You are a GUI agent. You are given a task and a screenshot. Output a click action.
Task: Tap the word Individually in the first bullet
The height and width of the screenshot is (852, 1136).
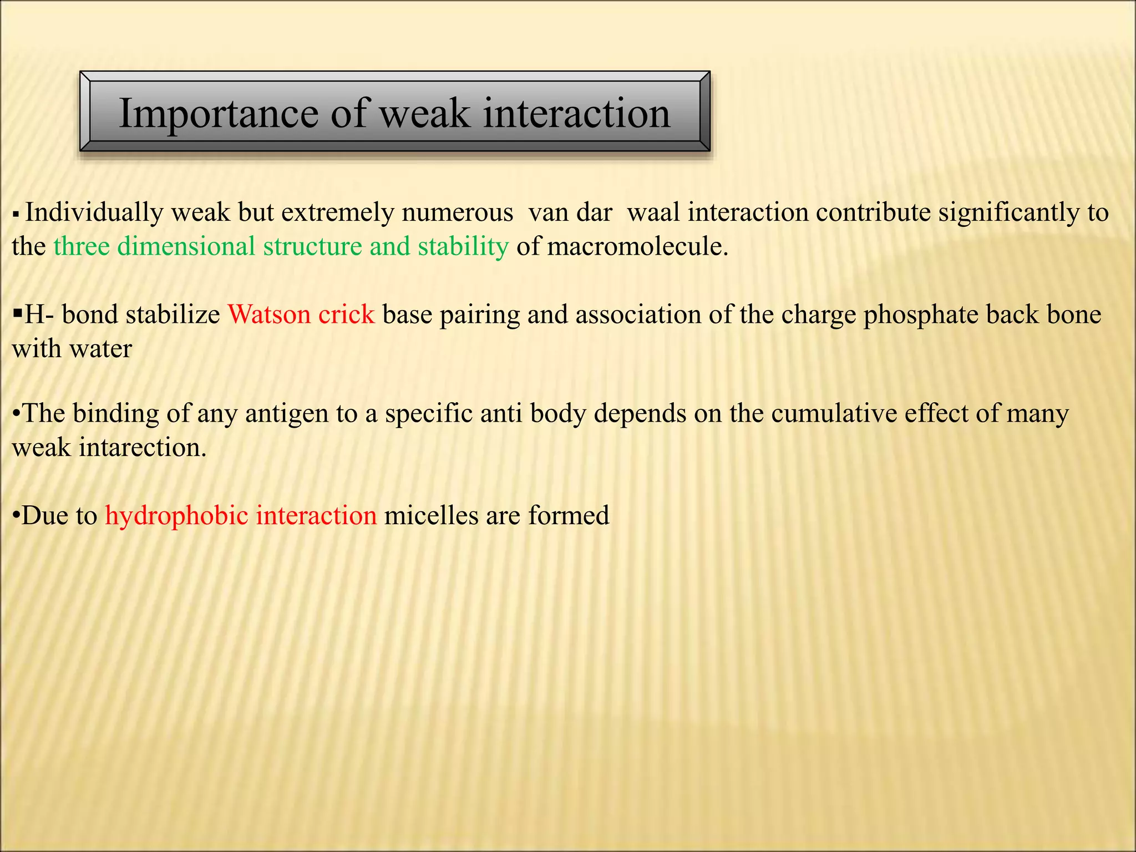(94, 212)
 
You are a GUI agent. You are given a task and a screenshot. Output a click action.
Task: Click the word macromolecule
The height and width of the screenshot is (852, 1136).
(637, 246)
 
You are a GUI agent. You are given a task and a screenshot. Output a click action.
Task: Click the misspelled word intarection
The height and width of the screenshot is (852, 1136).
(143, 448)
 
